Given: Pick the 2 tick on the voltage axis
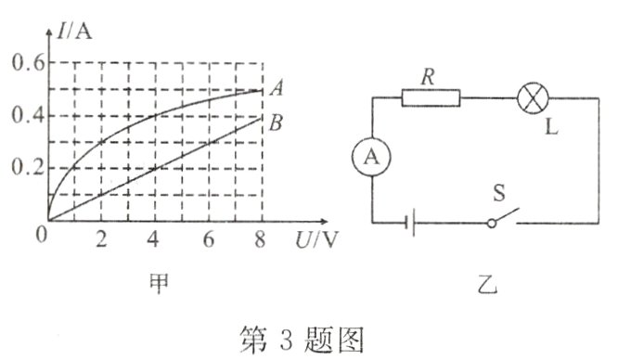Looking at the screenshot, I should click(101, 238).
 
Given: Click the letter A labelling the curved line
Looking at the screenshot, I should click(276, 89).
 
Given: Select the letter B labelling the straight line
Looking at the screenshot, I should click(276, 121).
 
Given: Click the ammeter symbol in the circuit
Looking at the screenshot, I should click(371, 159).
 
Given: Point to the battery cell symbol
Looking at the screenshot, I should click(411, 223).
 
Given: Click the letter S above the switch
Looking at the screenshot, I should click(501, 195).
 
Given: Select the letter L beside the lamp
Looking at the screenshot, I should click(553, 126).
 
